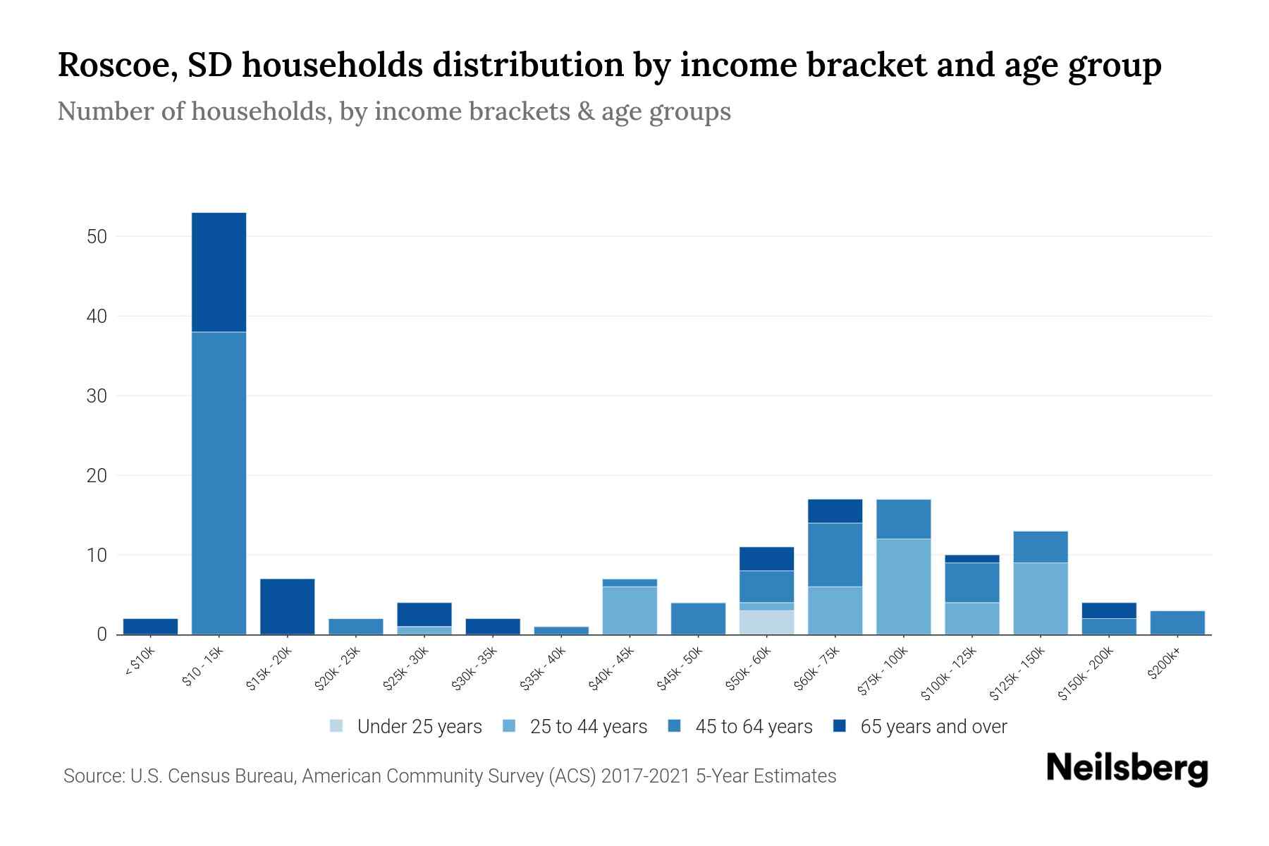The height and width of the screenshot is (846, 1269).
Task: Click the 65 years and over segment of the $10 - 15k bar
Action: [x=219, y=271]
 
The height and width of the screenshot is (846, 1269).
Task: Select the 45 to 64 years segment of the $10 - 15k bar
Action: [x=219, y=483]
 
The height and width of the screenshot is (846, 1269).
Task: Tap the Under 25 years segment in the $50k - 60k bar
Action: [x=766, y=623]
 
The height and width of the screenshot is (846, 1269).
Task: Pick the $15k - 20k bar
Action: [x=287, y=606]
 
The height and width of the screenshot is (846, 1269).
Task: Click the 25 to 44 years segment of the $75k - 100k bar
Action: [x=903, y=587]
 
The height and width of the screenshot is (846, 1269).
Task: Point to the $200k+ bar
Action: [x=1177, y=623]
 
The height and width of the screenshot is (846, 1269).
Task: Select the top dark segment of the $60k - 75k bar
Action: [x=835, y=511]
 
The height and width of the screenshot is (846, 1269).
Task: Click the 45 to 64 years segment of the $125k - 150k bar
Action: [x=1040, y=547]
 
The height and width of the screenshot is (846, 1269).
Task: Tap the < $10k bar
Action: [x=150, y=627]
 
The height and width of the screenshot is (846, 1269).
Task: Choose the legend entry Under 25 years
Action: [x=406, y=727]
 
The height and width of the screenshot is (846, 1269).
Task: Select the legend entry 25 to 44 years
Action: [x=576, y=727]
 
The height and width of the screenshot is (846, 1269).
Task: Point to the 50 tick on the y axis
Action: [x=97, y=237]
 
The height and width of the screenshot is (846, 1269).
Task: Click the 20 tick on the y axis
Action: [x=97, y=476]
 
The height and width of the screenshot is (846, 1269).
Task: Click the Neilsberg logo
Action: [x=1127, y=768]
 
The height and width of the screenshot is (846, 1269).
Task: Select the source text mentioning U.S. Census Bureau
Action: [x=449, y=776]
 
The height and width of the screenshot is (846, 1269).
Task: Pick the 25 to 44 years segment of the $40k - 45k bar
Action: [x=630, y=611]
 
